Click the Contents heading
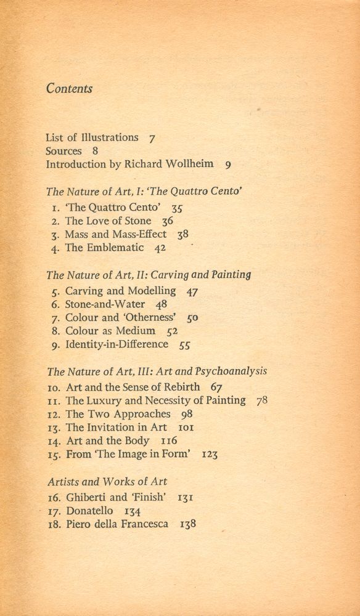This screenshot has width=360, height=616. coord(69,88)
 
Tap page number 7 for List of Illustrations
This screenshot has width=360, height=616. coord(152,138)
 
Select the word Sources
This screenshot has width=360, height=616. coord(63,151)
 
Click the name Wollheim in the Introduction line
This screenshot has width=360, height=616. coord(190,164)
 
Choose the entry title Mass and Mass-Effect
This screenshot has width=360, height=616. coord(116,234)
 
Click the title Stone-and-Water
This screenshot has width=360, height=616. coord(105,304)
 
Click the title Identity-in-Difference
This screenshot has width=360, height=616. coord(117,344)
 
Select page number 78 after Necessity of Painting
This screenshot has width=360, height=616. coord(262,401)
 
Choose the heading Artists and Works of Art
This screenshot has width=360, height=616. coord(107,481)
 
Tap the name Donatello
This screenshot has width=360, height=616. coord(91,511)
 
